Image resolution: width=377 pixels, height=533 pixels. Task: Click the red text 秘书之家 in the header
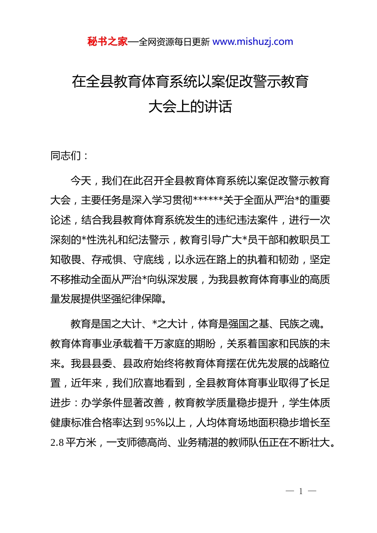click(x=108, y=42)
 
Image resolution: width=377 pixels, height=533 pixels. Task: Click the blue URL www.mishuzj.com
click(x=253, y=42)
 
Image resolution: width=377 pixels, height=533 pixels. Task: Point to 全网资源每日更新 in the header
click(x=174, y=42)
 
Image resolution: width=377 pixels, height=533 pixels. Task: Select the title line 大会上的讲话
click(x=190, y=106)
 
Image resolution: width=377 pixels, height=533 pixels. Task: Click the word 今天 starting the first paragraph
click(x=81, y=181)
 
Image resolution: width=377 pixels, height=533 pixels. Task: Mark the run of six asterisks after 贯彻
click(x=208, y=200)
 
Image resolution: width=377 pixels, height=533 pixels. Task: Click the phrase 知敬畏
click(x=66, y=260)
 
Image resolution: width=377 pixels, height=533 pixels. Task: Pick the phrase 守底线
click(x=148, y=260)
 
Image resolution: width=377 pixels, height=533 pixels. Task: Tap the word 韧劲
click(x=289, y=260)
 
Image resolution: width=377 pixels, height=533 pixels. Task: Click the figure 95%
click(x=155, y=423)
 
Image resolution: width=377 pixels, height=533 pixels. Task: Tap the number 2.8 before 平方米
click(x=57, y=443)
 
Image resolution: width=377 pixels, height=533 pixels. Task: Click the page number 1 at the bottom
click(x=301, y=491)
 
